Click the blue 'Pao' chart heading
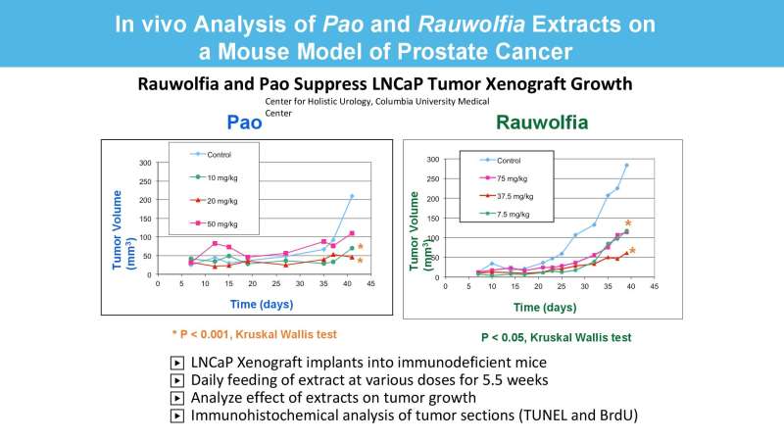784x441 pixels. (244, 123)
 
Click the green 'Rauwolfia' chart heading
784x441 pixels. (542, 123)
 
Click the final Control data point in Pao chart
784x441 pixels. (351, 196)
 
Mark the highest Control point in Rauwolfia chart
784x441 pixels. (626, 166)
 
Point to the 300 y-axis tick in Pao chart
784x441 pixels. (144, 163)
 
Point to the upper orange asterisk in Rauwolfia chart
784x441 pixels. (628, 224)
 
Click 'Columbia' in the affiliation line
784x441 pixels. (412, 101)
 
